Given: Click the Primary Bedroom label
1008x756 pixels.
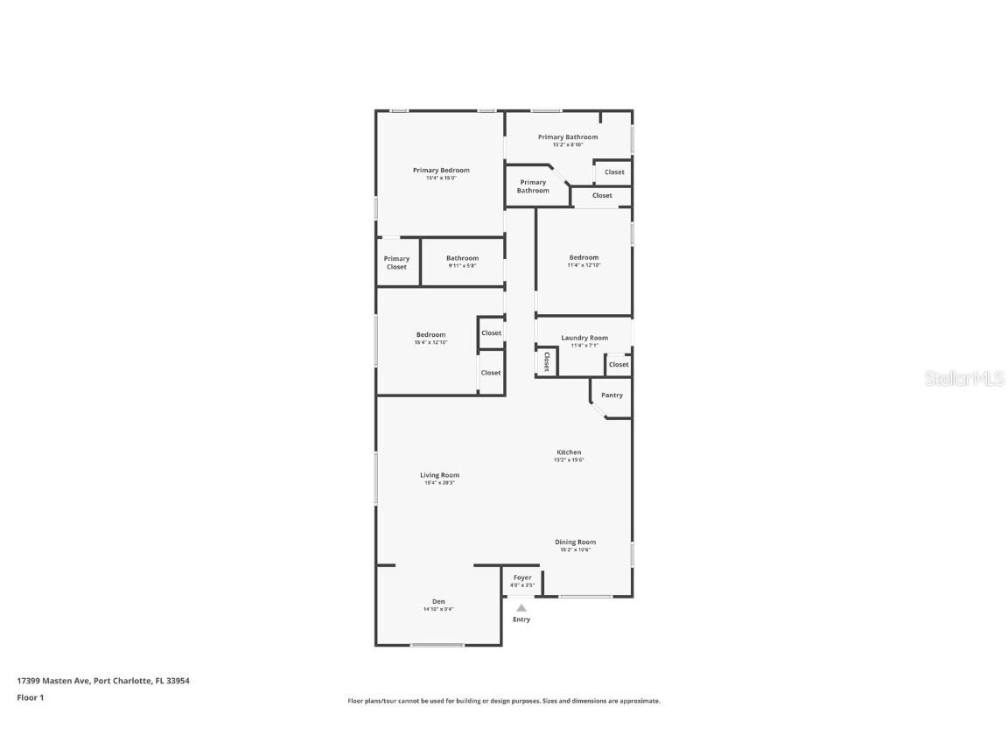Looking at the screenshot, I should pyautogui.click(x=441, y=171).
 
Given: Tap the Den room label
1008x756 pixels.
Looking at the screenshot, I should pyautogui.click(x=438, y=601).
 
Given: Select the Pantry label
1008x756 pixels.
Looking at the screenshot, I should pyautogui.click(x=612, y=395).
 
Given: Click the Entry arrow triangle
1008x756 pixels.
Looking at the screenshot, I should pyautogui.click(x=521, y=607).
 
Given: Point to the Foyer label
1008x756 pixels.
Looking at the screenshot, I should pyautogui.click(x=522, y=577).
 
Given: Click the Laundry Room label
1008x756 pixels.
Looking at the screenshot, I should pyautogui.click(x=584, y=338).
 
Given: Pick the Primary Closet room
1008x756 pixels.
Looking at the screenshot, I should pyautogui.click(x=396, y=262).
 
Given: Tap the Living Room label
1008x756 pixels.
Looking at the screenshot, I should pyautogui.click(x=439, y=475).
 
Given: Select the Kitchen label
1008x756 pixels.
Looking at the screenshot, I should pyautogui.click(x=569, y=452).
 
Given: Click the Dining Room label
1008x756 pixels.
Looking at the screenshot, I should pyautogui.click(x=575, y=542).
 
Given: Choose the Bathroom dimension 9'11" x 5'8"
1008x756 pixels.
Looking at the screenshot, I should pyautogui.click(x=462, y=266).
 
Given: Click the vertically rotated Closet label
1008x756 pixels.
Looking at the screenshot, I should pyautogui.click(x=546, y=361).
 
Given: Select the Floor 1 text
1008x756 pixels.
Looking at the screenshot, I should pyautogui.click(x=30, y=697).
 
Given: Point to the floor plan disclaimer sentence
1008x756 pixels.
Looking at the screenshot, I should pyautogui.click(x=504, y=701).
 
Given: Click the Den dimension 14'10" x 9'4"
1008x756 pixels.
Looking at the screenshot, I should pyautogui.click(x=438, y=609).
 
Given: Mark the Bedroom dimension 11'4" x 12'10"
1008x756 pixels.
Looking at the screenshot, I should pyautogui.click(x=584, y=265).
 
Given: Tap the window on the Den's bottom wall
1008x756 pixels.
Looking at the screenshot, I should pyautogui.click(x=437, y=645).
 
